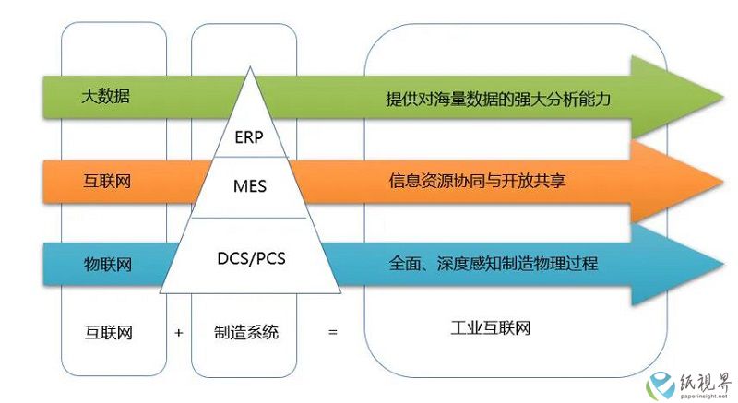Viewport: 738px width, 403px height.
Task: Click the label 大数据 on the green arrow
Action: click(x=105, y=97)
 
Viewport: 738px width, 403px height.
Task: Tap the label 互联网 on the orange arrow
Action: click(x=107, y=181)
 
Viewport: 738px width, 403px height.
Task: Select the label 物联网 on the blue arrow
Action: click(x=108, y=265)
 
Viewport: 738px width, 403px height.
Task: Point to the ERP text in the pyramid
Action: click(x=249, y=137)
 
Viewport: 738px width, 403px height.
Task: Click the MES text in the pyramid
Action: click(x=250, y=186)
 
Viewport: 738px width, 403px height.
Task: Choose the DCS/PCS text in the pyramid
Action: click(x=251, y=258)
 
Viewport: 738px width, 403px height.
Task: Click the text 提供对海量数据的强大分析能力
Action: click(x=498, y=99)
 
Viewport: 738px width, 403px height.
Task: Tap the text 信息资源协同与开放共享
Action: click(x=477, y=181)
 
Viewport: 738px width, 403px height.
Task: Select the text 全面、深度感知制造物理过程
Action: click(x=494, y=264)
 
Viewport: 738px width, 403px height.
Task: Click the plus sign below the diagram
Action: click(x=178, y=333)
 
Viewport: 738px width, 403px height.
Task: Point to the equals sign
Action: click(x=333, y=333)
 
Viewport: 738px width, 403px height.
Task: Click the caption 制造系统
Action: click(x=246, y=333)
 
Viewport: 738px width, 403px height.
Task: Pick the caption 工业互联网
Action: click(x=491, y=327)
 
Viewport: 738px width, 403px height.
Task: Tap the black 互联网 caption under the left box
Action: click(x=108, y=333)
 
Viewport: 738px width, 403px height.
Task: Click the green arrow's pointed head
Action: click(x=723, y=98)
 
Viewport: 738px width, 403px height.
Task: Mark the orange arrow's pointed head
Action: click(x=722, y=181)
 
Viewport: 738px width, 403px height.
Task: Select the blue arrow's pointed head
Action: click(x=723, y=264)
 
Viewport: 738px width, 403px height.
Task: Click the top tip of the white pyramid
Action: click(x=250, y=66)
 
